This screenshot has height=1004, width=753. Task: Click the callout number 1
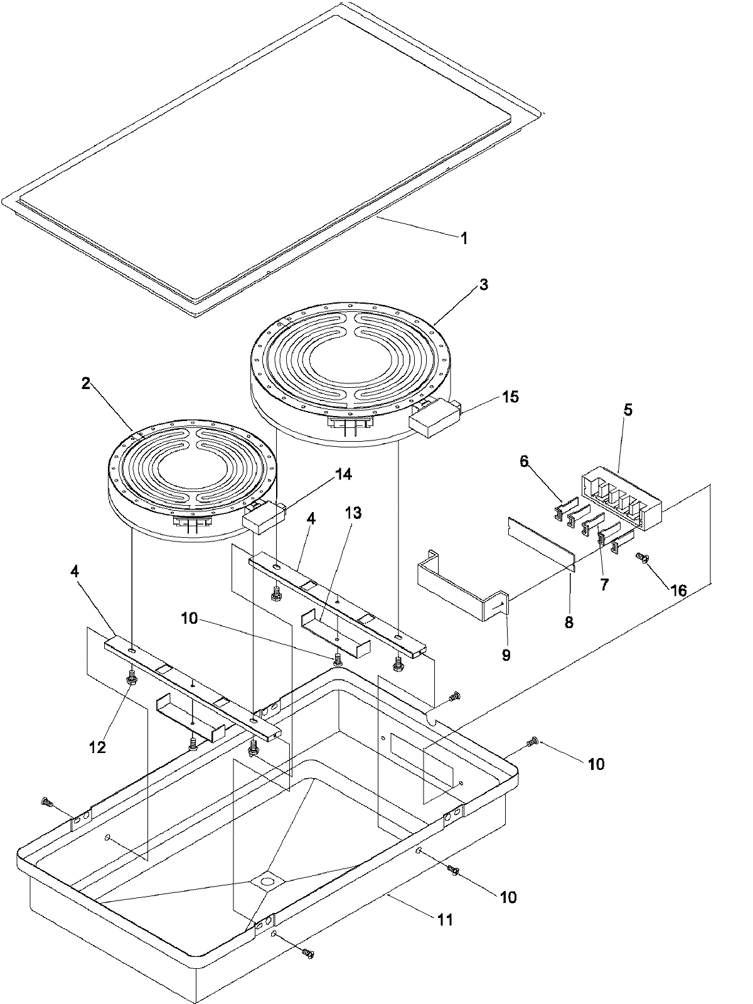pyautogui.click(x=464, y=238)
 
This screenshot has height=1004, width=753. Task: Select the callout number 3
pyautogui.click(x=483, y=284)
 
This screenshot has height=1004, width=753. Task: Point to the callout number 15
pyautogui.click(x=511, y=397)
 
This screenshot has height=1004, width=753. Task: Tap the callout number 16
pyautogui.click(x=678, y=590)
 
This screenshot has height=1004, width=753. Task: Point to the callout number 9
pyautogui.click(x=506, y=655)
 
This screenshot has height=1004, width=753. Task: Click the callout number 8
pyautogui.click(x=570, y=622)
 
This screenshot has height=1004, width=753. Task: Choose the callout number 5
pyautogui.click(x=627, y=411)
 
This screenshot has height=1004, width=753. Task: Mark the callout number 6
pyautogui.click(x=525, y=462)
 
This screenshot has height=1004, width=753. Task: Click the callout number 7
pyautogui.click(x=604, y=585)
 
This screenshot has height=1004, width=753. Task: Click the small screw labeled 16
pyautogui.click(x=641, y=557)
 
